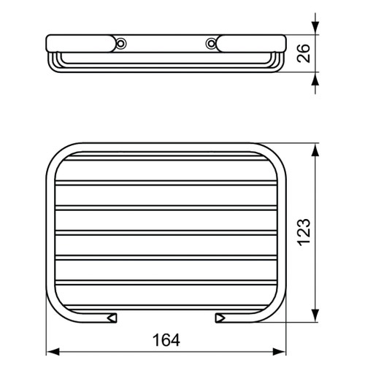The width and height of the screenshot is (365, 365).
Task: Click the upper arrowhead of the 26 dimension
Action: (315, 26)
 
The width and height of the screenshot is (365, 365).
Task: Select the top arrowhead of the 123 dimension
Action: (315, 150)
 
